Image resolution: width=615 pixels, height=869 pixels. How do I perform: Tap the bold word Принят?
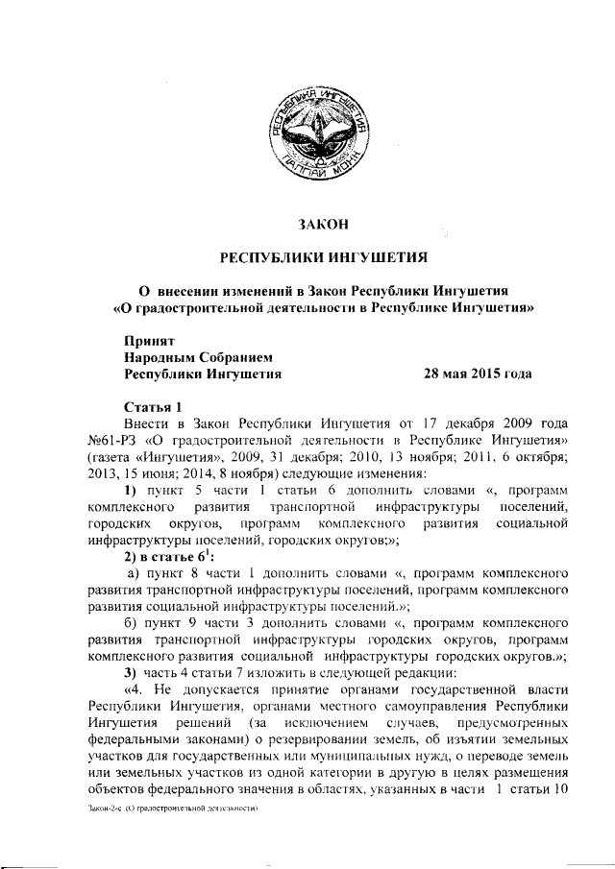149,339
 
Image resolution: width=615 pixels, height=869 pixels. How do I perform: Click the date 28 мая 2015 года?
478,374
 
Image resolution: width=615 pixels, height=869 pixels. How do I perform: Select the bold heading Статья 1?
152,406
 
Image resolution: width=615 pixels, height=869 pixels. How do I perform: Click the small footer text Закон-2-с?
98,809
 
